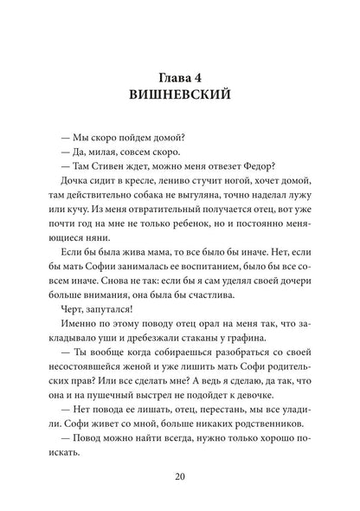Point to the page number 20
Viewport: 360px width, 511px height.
(180, 475)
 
